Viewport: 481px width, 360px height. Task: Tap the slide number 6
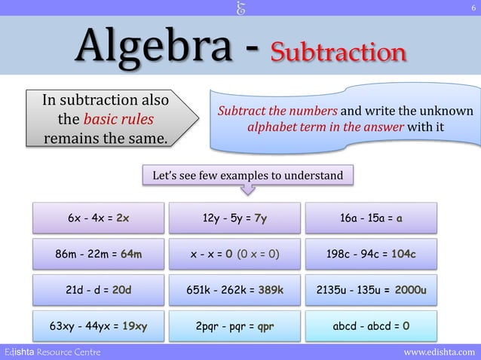473,8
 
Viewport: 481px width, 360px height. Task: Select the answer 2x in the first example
123,218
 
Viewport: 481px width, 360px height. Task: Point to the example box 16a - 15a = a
370,218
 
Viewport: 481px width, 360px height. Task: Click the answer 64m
131,255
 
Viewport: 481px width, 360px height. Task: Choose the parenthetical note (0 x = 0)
259,255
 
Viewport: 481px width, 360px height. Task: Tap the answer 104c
403,255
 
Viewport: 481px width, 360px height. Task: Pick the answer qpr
265,327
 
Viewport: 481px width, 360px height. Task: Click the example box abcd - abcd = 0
370,327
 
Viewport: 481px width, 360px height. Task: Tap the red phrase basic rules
118,120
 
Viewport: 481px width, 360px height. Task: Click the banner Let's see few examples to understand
247,176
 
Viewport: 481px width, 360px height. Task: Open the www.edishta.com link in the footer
440,352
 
